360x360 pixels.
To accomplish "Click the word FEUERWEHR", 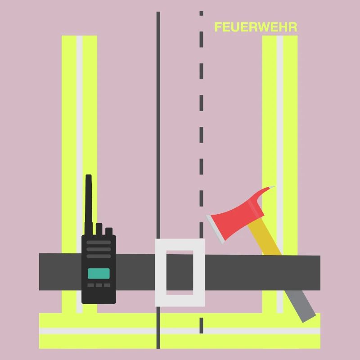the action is coord(256,27).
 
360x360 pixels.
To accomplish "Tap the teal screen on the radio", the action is coord(99,274).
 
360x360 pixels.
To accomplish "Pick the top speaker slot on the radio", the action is coord(99,243).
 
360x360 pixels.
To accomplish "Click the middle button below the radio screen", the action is coord(99,285).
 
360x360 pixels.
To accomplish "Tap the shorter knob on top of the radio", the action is coord(109,231).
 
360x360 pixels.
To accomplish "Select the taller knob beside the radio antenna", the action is coord(99,229).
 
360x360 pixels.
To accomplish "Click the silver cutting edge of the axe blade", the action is coord(215,229).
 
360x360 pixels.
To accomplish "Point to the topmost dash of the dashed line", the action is coord(201,13).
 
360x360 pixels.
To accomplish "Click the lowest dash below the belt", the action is coord(201,325).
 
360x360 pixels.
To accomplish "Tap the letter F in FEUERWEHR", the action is coord(218,27).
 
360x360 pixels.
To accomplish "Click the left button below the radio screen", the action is coord(91,285).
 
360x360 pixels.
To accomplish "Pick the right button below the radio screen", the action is coord(107,285).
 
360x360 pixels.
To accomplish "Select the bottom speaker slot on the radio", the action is coord(99,256).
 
